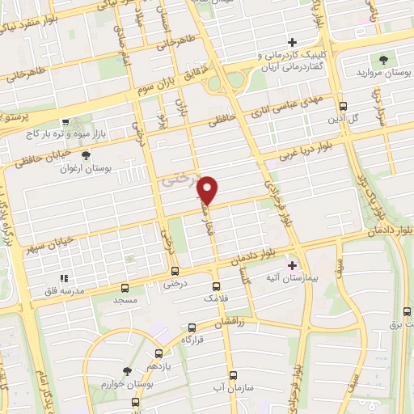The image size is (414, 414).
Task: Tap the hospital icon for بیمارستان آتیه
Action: click(292, 264)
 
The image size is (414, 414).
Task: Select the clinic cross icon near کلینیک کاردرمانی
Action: click(293, 42)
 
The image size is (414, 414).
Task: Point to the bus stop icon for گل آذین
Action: click(344, 106)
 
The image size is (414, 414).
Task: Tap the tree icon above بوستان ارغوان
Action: click(86, 154)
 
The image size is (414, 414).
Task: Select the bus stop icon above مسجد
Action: click(125, 287)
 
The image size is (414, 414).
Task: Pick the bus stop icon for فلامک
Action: click(216, 285)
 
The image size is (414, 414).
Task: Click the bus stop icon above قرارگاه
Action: click(192, 327)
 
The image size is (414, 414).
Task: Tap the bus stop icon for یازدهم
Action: click(158, 353)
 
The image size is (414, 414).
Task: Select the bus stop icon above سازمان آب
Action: click(233, 376)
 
